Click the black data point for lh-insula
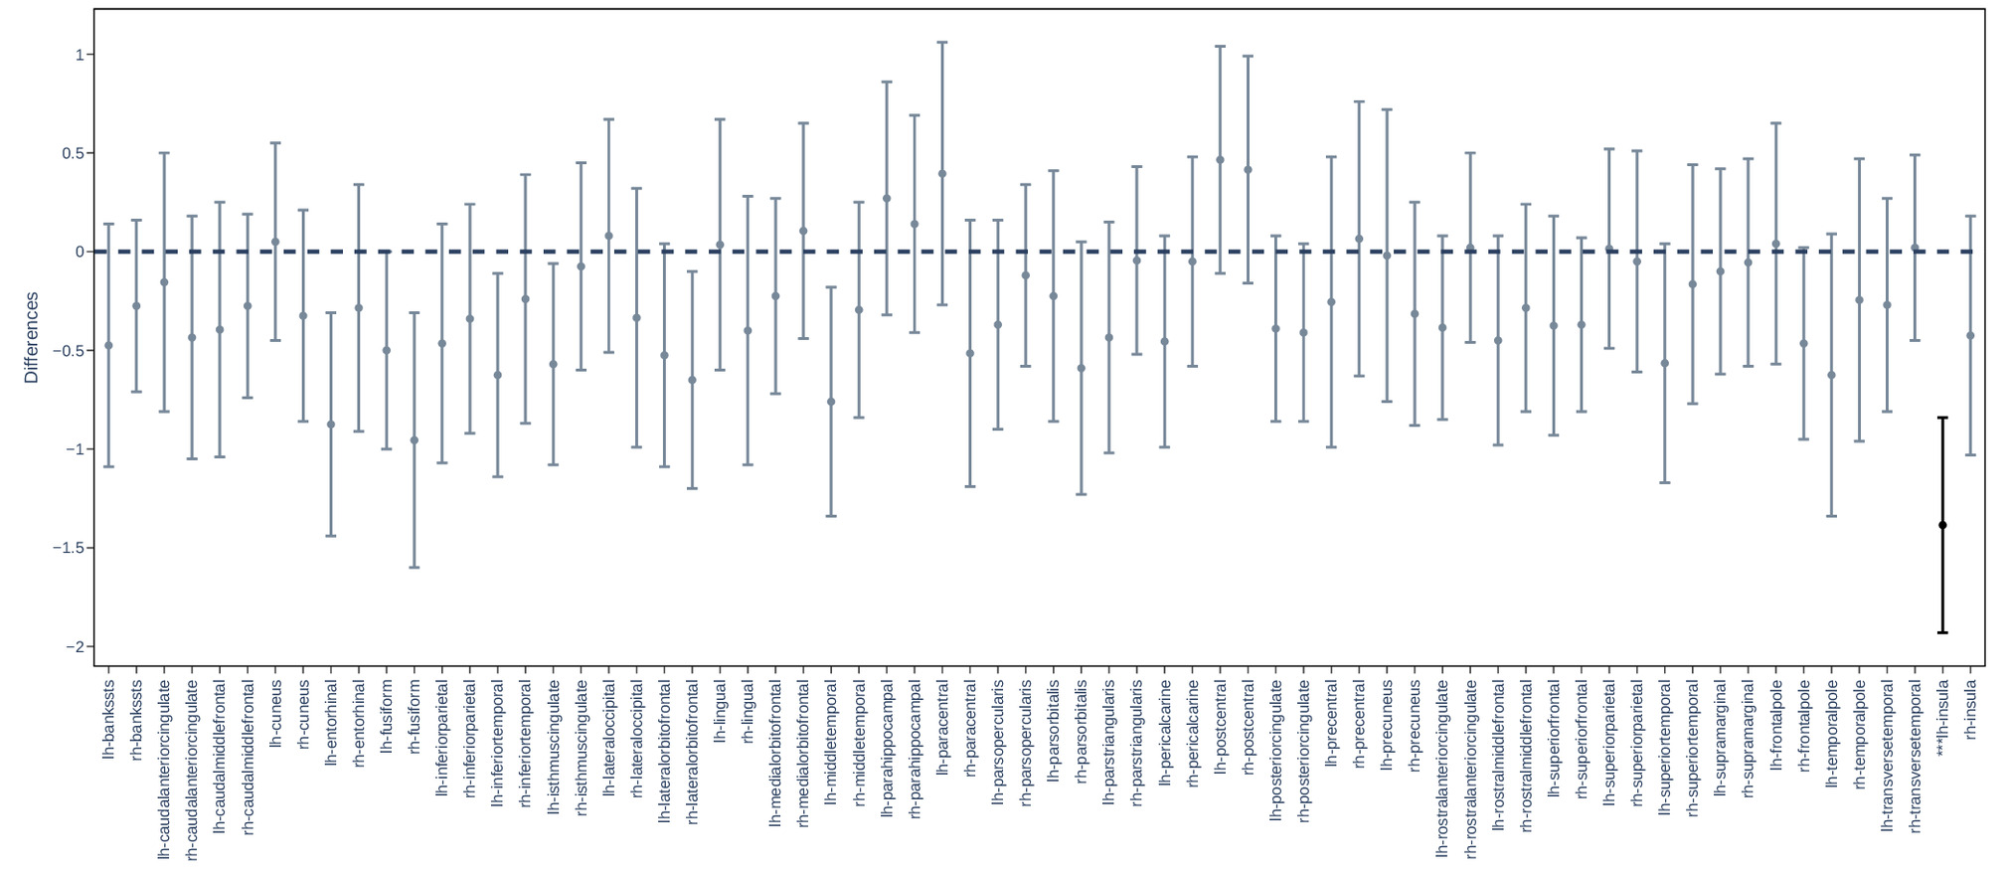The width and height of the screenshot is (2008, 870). click(1942, 525)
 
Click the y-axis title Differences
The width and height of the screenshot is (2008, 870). click(31, 337)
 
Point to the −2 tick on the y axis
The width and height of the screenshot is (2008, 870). click(75, 647)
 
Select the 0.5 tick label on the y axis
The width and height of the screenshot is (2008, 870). click(73, 153)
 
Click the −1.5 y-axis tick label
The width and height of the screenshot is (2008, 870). click(68, 548)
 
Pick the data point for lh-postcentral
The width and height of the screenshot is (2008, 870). click(1220, 160)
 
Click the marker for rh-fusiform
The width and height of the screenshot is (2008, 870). click(415, 440)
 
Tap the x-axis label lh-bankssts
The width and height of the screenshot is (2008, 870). click(109, 733)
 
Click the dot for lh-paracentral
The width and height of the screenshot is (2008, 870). click(942, 174)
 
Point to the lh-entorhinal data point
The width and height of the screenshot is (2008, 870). click(331, 425)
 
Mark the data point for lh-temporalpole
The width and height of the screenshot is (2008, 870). click(1831, 376)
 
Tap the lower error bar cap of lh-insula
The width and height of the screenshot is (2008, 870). click(1942, 632)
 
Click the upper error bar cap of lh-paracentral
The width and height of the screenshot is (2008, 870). click(942, 43)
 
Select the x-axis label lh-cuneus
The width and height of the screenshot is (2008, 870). click(276, 713)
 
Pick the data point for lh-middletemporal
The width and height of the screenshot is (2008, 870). click(831, 402)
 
